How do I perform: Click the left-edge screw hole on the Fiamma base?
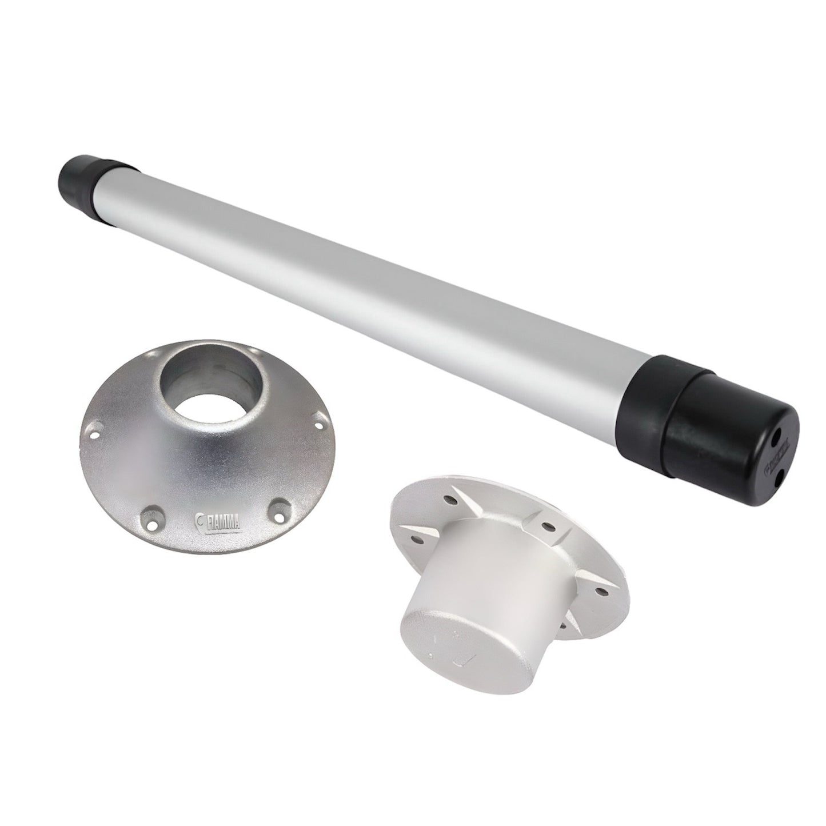click(x=95, y=426)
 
